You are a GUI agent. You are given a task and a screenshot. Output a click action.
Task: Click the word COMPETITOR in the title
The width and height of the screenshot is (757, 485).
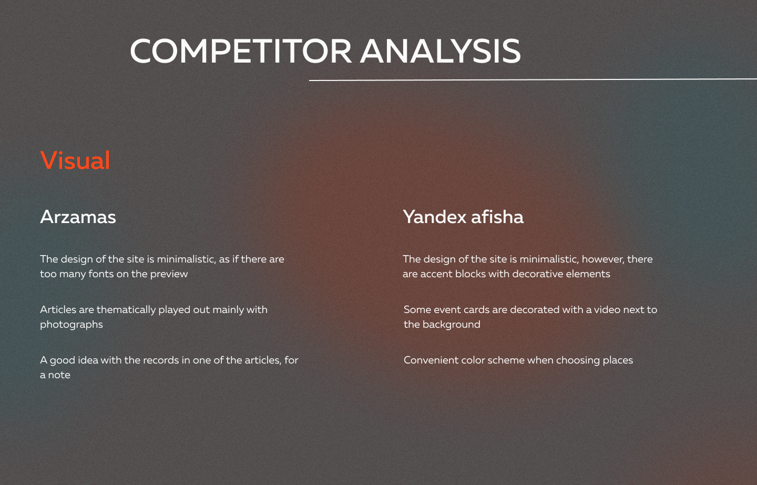click(x=241, y=51)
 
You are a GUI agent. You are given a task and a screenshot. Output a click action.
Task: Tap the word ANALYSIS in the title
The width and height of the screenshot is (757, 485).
click(x=441, y=51)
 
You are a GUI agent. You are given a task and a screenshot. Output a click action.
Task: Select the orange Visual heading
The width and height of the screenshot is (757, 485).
click(x=75, y=160)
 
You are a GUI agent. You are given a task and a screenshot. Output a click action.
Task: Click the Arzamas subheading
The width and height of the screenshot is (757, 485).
click(x=78, y=217)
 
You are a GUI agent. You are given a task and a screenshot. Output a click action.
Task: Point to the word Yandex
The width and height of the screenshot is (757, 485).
click(x=435, y=217)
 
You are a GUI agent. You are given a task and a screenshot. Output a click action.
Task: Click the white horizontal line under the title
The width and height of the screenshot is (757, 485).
click(x=533, y=80)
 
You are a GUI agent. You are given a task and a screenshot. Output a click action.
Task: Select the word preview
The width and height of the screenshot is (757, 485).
click(x=169, y=274)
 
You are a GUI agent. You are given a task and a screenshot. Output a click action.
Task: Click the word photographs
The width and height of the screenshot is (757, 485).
click(x=71, y=325)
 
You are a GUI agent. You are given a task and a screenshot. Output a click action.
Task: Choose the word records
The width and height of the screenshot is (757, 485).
click(x=161, y=360)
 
